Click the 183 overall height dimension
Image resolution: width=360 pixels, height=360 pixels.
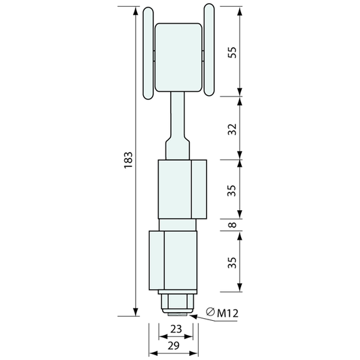tap(128, 160)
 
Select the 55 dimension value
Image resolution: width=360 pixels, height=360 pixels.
tap(232, 53)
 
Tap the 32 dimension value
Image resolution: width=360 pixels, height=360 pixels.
tap(232, 129)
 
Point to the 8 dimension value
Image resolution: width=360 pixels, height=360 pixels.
tap(232, 224)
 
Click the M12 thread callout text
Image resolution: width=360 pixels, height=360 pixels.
tap(228, 313)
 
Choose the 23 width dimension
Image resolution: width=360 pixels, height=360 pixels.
tap(176, 329)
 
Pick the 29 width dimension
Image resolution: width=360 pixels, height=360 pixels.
tap(174, 346)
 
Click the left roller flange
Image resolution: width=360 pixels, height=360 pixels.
tap(148, 53)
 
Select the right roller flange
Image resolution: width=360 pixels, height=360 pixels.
tap(209, 49)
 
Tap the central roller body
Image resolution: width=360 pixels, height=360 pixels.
tap(178, 57)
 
